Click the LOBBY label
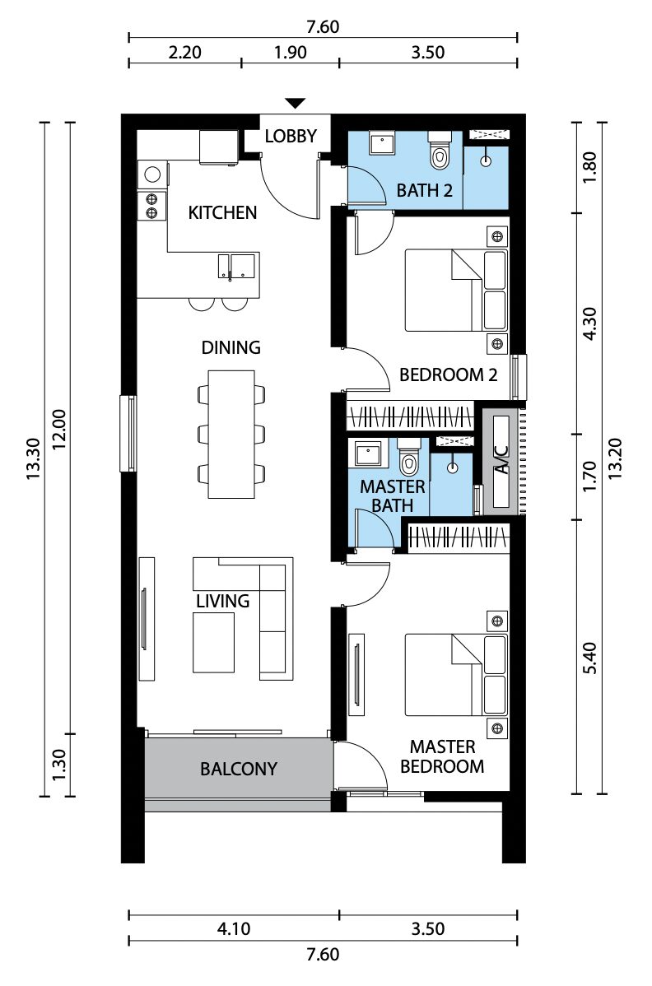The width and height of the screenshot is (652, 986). [291, 136]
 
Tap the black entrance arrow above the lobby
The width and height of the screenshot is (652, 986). [295, 103]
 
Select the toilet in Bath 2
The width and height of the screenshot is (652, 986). [440, 151]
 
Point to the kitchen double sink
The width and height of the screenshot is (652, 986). [236, 266]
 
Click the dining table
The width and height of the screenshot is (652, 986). [231, 434]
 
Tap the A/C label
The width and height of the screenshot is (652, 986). [501, 460]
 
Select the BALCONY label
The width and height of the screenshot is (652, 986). [238, 769]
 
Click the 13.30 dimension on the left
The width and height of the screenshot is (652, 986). [33, 459]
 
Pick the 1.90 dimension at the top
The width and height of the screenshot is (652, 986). [291, 52]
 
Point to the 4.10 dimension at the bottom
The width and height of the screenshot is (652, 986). [234, 928]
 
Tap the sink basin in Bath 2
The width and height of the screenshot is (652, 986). [381, 144]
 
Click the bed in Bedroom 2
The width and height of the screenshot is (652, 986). [456, 290]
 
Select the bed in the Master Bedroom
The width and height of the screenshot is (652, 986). [456, 675]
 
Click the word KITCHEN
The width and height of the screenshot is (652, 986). [222, 212]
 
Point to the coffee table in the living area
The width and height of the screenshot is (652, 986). [213, 642]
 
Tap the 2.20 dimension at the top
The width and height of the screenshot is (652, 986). [185, 52]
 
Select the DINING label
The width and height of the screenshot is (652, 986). [231, 347]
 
